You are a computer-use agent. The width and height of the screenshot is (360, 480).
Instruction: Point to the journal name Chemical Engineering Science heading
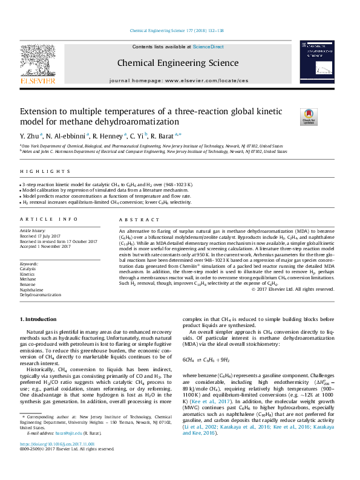tap(177, 62)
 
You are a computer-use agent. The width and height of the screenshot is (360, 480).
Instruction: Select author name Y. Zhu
tap(30, 135)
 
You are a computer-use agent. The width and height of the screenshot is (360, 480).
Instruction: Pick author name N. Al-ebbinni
tap(65, 135)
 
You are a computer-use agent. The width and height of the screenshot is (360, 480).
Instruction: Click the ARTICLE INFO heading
tap(48, 220)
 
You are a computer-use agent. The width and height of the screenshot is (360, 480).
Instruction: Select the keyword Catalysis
tap(29, 269)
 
